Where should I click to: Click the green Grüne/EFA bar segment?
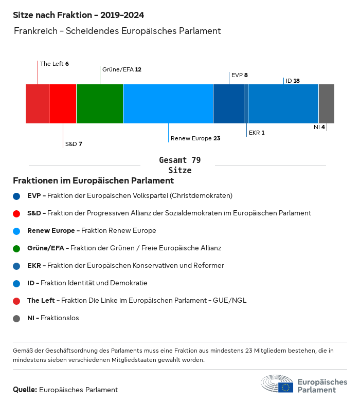(x=100, y=104)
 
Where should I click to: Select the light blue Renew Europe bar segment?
(x=168, y=104)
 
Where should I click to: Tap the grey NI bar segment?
(x=327, y=104)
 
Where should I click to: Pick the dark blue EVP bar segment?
(x=228, y=104)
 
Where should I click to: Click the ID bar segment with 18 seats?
(x=283, y=104)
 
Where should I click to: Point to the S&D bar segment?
(x=63, y=104)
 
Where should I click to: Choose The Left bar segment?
(x=38, y=104)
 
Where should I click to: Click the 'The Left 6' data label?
(x=54, y=64)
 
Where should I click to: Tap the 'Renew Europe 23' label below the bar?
(x=195, y=138)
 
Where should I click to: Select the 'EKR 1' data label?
(x=257, y=133)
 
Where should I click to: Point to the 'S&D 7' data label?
(x=74, y=144)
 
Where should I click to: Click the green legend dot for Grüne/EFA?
(x=16, y=248)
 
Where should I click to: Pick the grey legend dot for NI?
(x=16, y=318)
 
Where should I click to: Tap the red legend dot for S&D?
(x=16, y=213)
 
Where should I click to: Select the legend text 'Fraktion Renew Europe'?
(x=118, y=231)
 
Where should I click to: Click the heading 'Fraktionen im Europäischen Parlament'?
(x=93, y=181)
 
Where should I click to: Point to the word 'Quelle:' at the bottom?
(x=25, y=390)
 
